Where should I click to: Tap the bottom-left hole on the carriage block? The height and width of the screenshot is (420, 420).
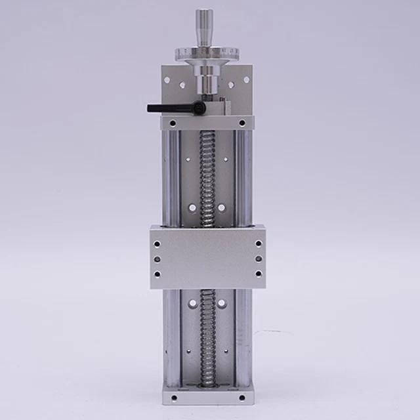click(157, 274)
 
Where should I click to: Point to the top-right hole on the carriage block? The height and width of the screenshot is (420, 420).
click(258, 243)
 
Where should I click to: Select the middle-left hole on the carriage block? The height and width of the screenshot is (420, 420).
click(157, 259)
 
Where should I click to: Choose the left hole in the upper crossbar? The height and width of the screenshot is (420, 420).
click(172, 123)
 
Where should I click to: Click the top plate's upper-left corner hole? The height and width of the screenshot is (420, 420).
click(167, 80)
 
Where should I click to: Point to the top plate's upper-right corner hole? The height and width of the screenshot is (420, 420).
click(247, 80)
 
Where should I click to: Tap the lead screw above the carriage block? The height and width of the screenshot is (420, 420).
click(207, 177)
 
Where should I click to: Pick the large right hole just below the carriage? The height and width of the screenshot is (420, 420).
click(222, 303)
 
